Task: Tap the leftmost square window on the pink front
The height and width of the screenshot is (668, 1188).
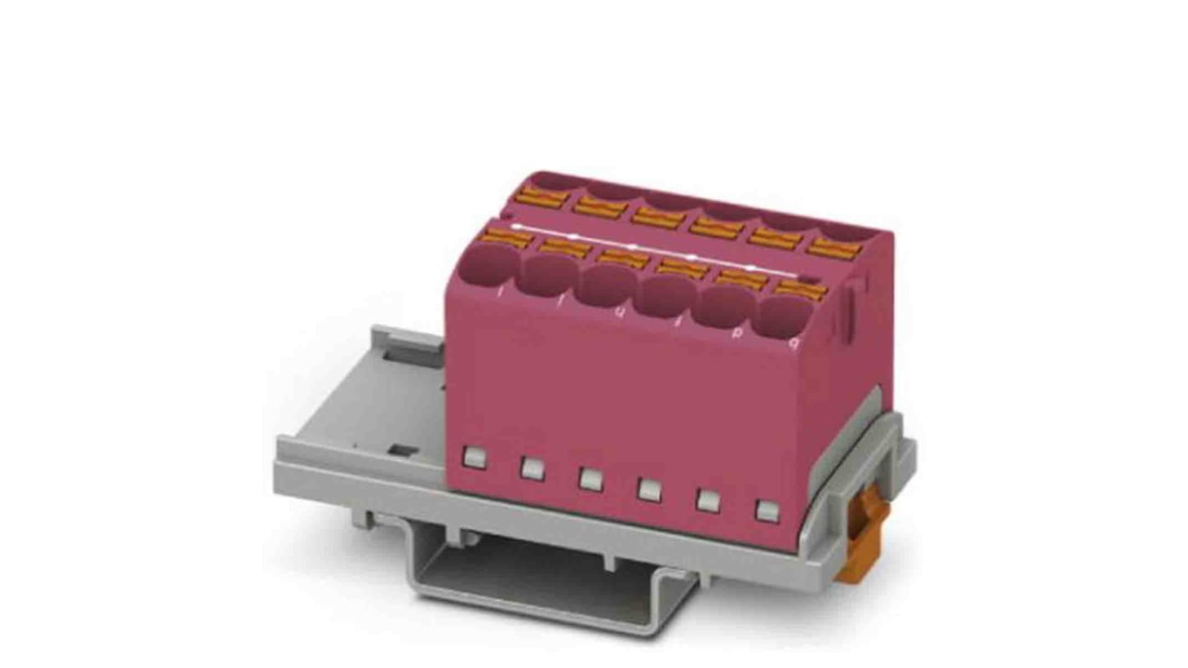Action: [x=474, y=457]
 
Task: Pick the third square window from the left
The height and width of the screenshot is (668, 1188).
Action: [x=591, y=479]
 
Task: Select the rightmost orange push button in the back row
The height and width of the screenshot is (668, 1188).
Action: [x=833, y=247]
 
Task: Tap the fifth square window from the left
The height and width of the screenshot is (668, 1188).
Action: [x=707, y=500]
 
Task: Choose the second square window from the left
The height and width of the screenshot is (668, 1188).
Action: [x=532, y=468]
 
